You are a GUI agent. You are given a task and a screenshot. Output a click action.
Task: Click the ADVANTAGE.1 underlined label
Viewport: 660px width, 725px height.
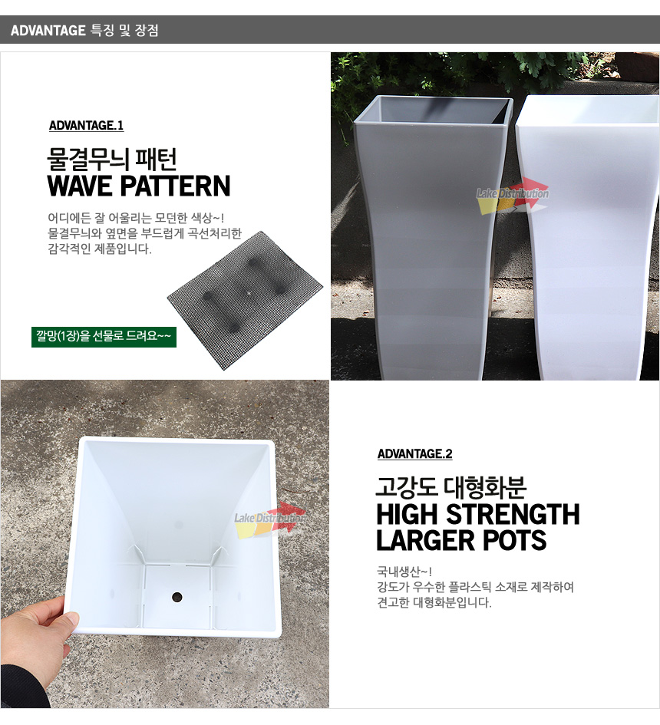click(86, 126)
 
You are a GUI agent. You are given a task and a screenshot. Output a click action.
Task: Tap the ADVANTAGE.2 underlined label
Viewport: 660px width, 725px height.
click(415, 454)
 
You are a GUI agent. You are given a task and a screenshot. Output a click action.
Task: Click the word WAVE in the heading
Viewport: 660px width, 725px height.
click(81, 186)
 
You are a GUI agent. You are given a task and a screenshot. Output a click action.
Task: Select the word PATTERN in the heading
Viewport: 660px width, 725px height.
click(175, 186)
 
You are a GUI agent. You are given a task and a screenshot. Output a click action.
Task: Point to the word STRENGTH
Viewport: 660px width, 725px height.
click(513, 515)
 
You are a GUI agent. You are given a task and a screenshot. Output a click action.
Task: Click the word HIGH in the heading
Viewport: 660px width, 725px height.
click(408, 515)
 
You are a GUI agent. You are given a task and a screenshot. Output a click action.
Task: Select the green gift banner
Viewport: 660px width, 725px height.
click(104, 337)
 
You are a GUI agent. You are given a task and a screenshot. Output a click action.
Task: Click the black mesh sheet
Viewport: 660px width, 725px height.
click(245, 300)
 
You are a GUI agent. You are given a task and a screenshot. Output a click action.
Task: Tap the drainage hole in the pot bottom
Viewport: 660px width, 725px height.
click(177, 597)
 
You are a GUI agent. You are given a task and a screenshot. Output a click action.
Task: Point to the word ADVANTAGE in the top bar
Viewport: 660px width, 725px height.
click(48, 31)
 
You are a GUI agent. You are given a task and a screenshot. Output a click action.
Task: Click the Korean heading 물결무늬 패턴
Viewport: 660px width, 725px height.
click(112, 160)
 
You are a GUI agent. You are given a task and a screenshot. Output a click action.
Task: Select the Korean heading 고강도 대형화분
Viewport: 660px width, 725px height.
click(451, 487)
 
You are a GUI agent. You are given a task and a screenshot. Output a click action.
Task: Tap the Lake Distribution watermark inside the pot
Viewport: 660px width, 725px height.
click(270, 519)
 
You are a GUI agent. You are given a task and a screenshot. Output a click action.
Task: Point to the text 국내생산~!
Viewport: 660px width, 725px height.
click(404, 572)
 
